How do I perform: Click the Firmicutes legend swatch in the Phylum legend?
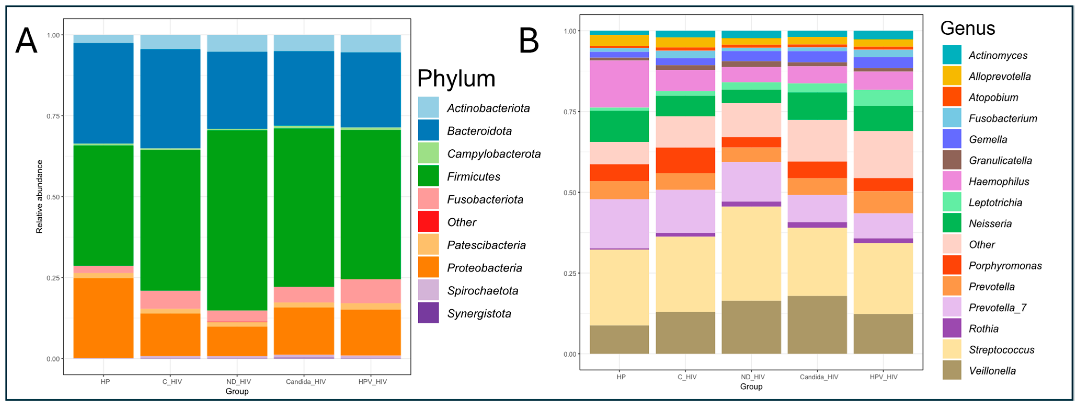click(x=428, y=176)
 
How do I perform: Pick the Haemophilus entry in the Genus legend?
click(x=998, y=181)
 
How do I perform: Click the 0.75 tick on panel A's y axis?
click(x=53, y=116)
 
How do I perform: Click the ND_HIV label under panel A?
click(x=238, y=381)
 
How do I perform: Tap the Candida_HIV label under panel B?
click(x=819, y=377)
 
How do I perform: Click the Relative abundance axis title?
click(x=39, y=197)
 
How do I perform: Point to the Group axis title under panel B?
click(x=751, y=386)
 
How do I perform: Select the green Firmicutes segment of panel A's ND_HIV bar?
click(x=237, y=220)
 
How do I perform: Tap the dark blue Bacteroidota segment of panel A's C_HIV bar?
click(x=170, y=99)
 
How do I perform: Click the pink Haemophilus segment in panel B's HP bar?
click(x=619, y=84)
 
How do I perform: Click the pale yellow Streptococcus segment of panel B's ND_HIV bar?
click(x=751, y=253)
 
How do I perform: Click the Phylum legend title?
click(x=456, y=78)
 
